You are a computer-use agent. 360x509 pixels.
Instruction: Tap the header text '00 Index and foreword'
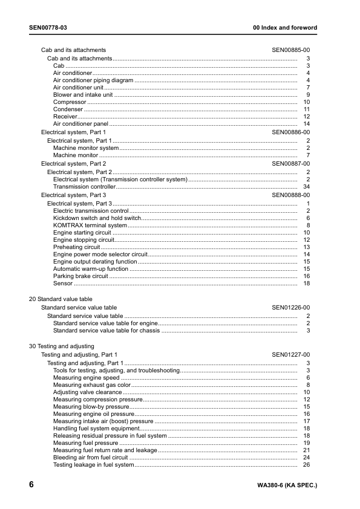click(x=284, y=28)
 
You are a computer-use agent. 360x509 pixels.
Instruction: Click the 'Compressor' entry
click(x=70, y=102)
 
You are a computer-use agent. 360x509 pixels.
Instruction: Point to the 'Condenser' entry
click(x=68, y=109)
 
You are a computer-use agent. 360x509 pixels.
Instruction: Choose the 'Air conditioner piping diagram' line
click(x=93, y=80)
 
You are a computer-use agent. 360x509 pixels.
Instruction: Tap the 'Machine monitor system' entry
click(x=86, y=148)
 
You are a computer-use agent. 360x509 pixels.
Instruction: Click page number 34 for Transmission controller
click(x=306, y=187)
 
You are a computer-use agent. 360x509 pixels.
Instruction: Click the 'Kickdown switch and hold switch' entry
click(x=97, y=218)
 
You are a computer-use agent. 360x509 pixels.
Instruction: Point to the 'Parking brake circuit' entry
click(x=80, y=276)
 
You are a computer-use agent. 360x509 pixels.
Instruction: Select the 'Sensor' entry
click(x=63, y=284)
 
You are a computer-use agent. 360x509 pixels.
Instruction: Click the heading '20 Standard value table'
click(x=61, y=299)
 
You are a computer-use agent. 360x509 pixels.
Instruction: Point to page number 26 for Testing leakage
click(x=306, y=465)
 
